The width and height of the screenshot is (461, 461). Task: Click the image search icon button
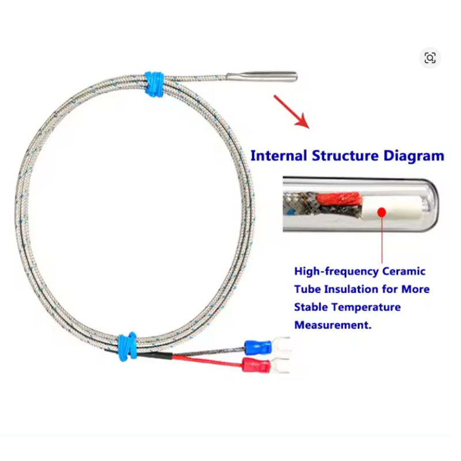[x=430, y=58]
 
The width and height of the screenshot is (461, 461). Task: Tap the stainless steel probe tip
[x=262, y=77]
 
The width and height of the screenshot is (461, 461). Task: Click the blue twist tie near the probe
[x=154, y=84]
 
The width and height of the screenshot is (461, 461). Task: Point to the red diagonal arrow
[x=292, y=112]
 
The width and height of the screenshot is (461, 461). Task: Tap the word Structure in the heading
[x=345, y=156]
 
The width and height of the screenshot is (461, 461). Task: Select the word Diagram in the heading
[x=414, y=156]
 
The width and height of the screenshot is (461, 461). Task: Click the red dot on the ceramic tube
[x=381, y=212]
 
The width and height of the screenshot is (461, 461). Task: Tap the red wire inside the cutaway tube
[x=339, y=198]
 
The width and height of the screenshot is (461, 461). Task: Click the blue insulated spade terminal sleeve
[x=258, y=347]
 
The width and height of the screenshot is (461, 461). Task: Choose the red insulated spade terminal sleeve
[x=256, y=365]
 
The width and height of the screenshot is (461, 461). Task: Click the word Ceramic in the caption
[x=404, y=271]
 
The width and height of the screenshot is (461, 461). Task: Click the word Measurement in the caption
[x=333, y=325]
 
